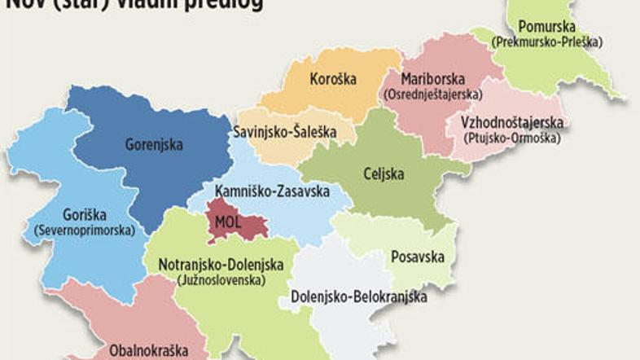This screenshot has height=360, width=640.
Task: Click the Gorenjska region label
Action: tap(154, 145)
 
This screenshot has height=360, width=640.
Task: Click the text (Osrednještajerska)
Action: tap(433, 95)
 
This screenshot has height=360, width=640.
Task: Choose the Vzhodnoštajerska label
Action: tap(511, 122)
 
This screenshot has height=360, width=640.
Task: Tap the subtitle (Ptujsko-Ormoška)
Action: tap(511, 138)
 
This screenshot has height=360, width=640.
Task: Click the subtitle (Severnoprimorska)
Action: tap(85, 230)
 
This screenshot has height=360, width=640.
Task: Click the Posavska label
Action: tap(418, 257)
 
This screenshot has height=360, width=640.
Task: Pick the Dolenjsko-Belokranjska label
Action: tap(359, 297)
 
